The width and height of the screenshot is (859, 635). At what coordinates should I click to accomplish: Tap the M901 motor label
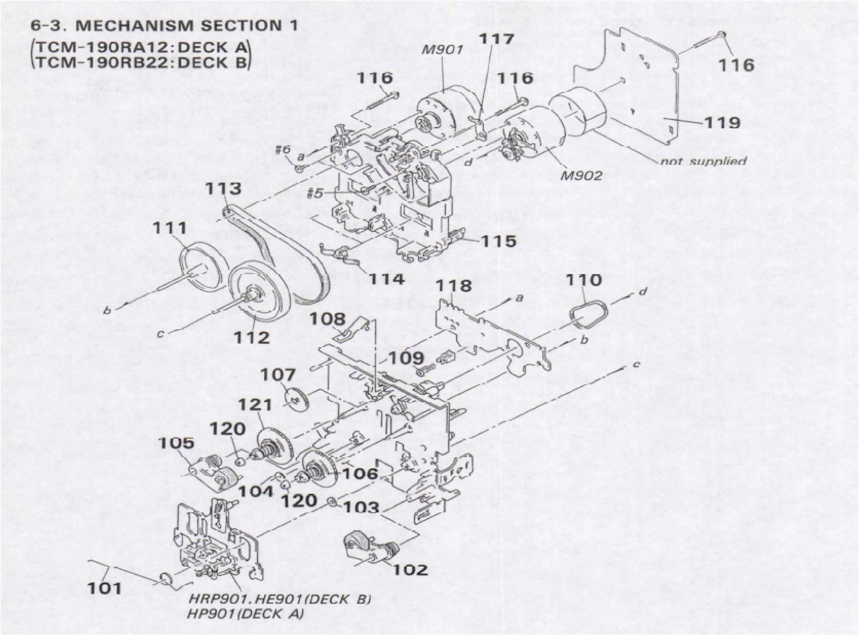pyautogui.click(x=443, y=49)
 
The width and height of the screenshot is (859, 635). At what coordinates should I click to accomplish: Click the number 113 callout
pyautogui.click(x=223, y=188)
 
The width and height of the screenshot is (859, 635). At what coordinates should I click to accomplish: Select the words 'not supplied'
pyautogui.click(x=703, y=161)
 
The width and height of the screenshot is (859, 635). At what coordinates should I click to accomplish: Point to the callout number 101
pyautogui.click(x=105, y=588)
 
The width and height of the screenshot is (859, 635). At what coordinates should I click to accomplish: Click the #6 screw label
pyautogui.click(x=283, y=149)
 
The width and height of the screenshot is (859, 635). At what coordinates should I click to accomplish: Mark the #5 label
pyautogui.click(x=315, y=193)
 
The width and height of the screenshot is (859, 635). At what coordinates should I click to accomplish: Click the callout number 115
pyautogui.click(x=498, y=241)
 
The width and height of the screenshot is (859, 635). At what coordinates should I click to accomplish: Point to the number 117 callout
pyautogui.click(x=496, y=39)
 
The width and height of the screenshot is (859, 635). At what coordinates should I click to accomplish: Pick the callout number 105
pyautogui.click(x=177, y=443)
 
